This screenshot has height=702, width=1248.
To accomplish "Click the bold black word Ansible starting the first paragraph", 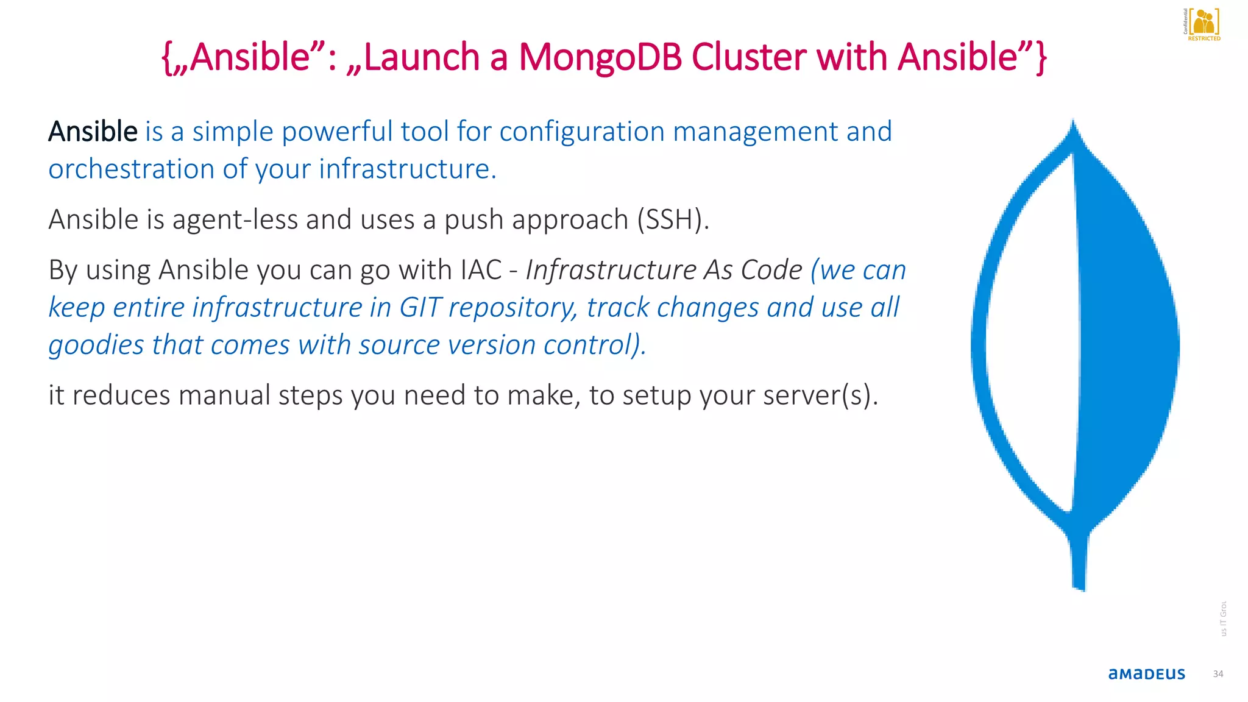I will [x=93, y=132].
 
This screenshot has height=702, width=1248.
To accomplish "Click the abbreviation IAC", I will [x=481, y=270].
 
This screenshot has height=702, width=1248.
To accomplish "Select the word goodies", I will [x=96, y=346].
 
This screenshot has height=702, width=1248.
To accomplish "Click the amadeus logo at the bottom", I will [x=1146, y=674].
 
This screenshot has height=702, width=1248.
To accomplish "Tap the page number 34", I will [x=1218, y=674].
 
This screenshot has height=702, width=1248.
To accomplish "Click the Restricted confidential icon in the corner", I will [x=1203, y=24].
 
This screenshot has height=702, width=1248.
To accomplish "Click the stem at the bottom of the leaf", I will [x=1079, y=561].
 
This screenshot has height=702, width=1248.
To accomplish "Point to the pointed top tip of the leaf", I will [x=1073, y=125].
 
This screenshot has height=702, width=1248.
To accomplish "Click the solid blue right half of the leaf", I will [x=1127, y=341].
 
